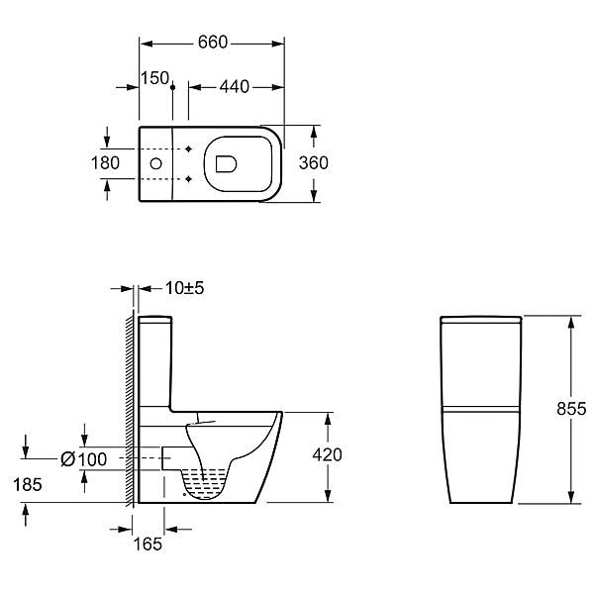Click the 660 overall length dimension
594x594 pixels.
tap(213, 42)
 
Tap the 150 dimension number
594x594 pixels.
tap(154, 78)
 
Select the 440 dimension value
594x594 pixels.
tap(235, 87)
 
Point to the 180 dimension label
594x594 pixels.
tap(105, 163)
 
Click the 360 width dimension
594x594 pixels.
tap(313, 163)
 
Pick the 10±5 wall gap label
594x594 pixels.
tap(185, 288)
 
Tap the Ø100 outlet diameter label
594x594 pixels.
tap(84, 459)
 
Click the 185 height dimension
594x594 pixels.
tap(28, 484)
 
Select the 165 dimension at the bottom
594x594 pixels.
tap(148, 544)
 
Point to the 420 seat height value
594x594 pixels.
tap(328, 454)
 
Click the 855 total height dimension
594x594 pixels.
tap(571, 409)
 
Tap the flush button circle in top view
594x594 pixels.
tap(156, 163)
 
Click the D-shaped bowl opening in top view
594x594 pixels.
tap(226, 164)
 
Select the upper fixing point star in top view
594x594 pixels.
tap(189, 148)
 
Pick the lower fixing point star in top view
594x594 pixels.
tap(189, 179)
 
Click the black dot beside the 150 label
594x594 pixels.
tap(172, 87)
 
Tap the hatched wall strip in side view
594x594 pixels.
tap(130, 408)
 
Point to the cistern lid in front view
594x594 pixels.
tap(481, 319)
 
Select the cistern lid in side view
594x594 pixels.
tap(155, 320)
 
